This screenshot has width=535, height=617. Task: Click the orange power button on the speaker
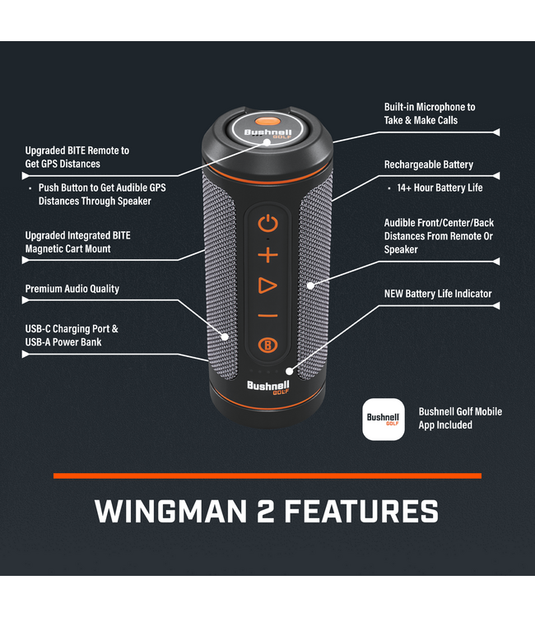click(268, 223)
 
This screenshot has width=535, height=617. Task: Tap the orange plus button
click(268, 255)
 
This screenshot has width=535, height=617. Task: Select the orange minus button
click(268, 316)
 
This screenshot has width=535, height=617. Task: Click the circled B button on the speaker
click(267, 345)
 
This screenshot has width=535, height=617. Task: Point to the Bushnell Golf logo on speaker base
click(267, 387)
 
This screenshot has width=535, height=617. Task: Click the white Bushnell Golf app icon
click(384, 420)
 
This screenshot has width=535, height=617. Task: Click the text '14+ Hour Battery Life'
click(440, 188)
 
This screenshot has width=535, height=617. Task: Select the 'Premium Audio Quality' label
click(72, 289)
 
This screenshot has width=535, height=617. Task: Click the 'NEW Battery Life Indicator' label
click(438, 294)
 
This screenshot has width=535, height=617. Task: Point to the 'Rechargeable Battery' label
click(429, 165)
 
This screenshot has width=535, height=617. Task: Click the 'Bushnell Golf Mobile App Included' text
click(460, 418)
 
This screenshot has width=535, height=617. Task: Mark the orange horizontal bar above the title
click(267, 476)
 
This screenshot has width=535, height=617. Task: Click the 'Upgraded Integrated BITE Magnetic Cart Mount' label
click(77, 242)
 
